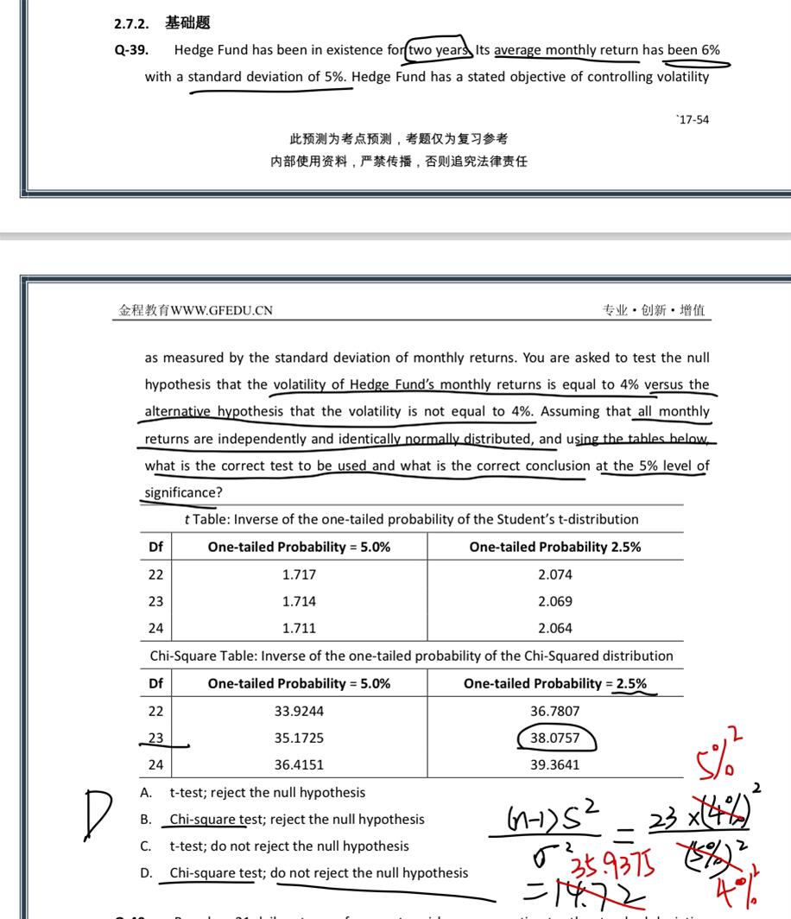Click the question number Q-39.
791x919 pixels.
click(x=131, y=50)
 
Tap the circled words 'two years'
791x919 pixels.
click(x=437, y=49)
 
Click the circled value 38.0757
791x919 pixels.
click(x=554, y=738)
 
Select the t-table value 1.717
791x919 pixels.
click(x=299, y=574)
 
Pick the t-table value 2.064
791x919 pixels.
click(x=554, y=628)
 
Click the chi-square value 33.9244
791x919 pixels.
click(x=299, y=711)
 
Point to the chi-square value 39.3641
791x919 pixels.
click(x=554, y=765)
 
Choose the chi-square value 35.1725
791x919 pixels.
click(x=299, y=738)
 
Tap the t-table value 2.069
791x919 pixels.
click(x=554, y=601)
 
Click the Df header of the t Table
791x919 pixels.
click(x=155, y=547)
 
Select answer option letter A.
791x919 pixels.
click(x=146, y=792)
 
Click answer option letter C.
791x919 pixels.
click(x=146, y=846)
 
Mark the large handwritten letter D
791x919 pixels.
click(x=97, y=814)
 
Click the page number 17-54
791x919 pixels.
click(x=693, y=119)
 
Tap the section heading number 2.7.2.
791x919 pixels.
click(x=131, y=23)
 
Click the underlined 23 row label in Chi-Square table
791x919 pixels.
click(x=155, y=738)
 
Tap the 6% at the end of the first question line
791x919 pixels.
click(x=710, y=49)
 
